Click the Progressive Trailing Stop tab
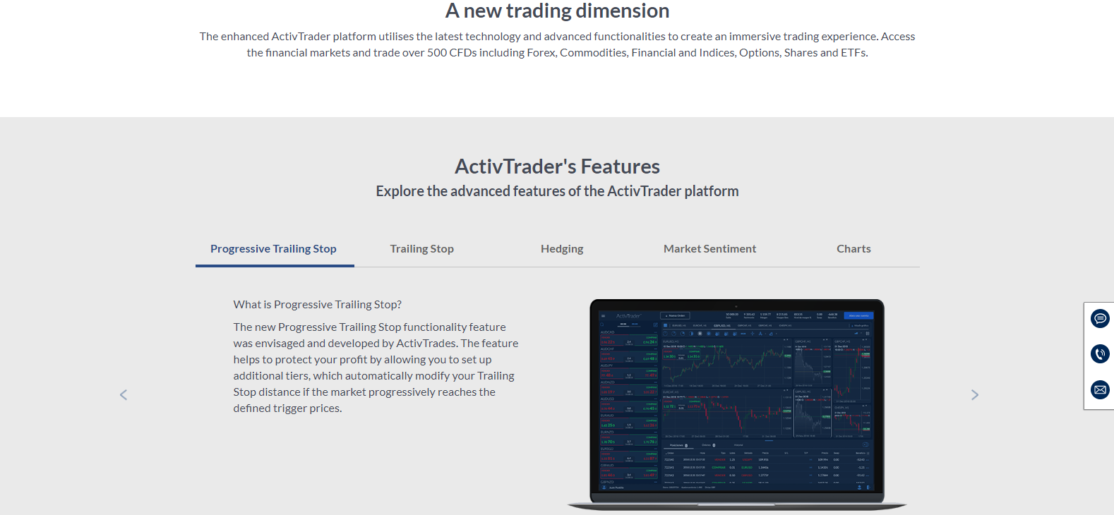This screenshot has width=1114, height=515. pos(273,249)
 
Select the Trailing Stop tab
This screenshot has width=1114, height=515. pos(421,249)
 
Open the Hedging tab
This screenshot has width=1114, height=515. pos(562,249)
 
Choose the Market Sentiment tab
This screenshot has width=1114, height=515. pos(709,249)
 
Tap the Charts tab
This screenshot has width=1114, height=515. pos(854,249)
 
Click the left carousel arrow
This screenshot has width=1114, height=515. pos(124,395)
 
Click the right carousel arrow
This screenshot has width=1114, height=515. pos(975,395)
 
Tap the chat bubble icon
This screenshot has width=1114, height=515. pos(1100,319)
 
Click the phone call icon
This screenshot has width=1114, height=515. pos(1100,353)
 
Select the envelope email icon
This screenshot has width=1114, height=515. pos(1100,389)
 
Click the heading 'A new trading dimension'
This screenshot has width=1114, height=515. pos(557,11)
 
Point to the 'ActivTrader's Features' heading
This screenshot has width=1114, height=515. pos(557,166)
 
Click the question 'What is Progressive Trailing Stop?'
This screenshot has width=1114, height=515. pos(318,305)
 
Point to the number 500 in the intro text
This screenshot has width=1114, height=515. pos(437,53)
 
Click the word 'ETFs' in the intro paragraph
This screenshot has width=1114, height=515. pos(853,53)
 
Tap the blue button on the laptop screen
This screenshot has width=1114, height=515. pos(858,316)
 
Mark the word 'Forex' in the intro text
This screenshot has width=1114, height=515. pos(541,53)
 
